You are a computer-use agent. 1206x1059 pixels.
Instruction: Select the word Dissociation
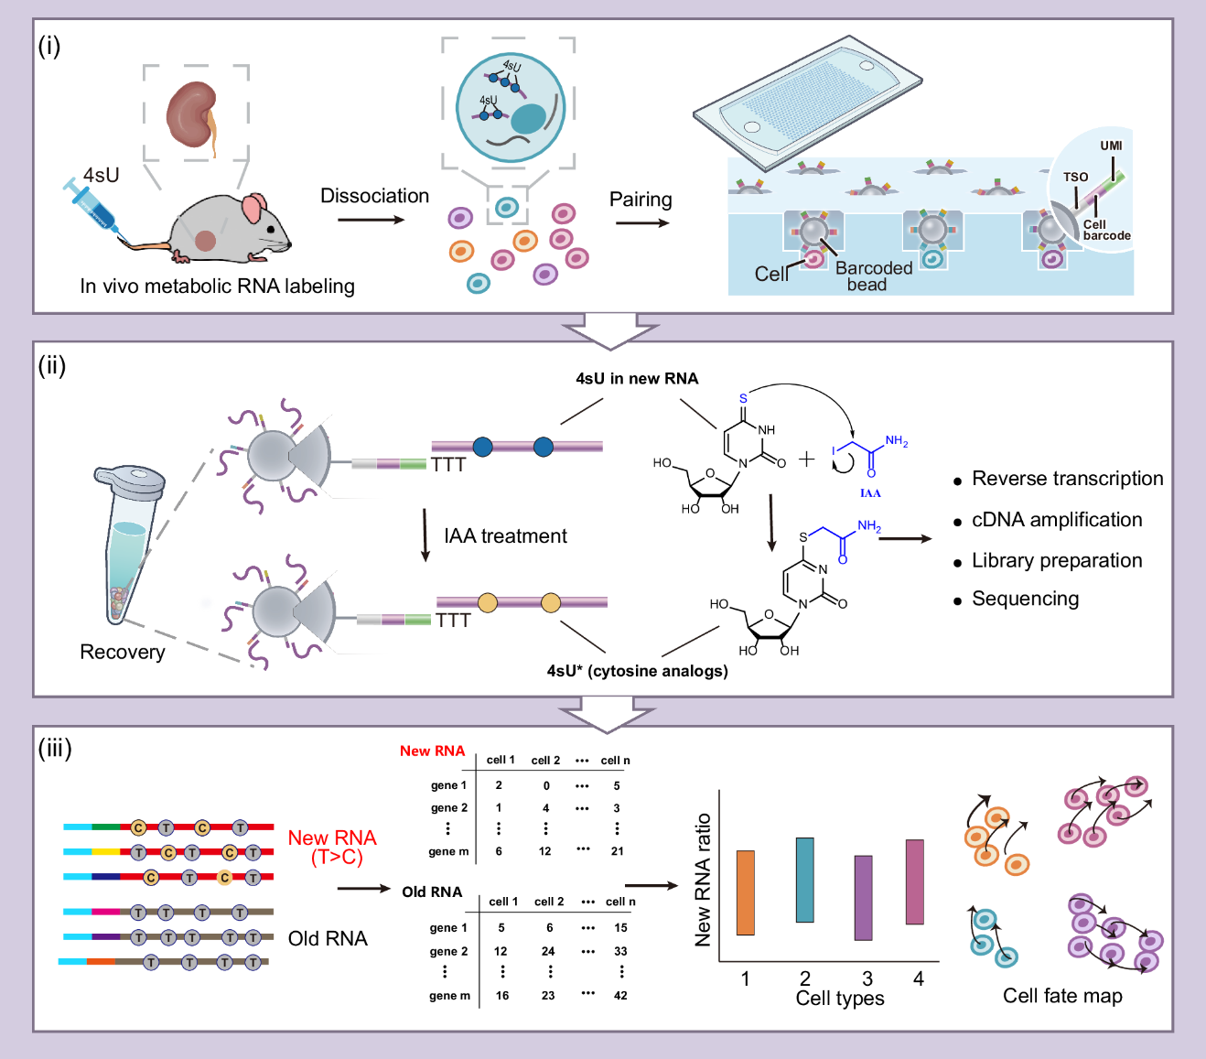point(374,196)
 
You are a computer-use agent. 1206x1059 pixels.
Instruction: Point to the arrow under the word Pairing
point(642,222)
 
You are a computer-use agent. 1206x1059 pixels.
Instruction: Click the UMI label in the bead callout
point(1111,146)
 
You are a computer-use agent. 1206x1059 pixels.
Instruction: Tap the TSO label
point(1075,177)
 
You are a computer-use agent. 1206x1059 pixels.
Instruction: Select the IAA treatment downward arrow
point(425,535)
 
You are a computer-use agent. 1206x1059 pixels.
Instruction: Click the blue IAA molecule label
point(870,493)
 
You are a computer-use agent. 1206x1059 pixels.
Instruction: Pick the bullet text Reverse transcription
point(1067,479)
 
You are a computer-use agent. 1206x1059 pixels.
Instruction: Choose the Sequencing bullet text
point(1025,599)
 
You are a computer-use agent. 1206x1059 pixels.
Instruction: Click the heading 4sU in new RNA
point(637,379)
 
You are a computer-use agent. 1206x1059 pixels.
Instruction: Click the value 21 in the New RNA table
point(618,851)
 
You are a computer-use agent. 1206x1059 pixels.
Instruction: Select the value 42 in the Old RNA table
point(620,996)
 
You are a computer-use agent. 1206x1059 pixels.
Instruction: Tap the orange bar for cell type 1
point(746,892)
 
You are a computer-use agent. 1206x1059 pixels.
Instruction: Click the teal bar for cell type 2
point(805,880)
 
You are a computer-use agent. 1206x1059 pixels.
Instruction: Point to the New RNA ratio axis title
point(703,880)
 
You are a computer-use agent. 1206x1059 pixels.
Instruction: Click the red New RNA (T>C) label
point(332,847)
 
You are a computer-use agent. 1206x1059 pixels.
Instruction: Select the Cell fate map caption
point(1062,996)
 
